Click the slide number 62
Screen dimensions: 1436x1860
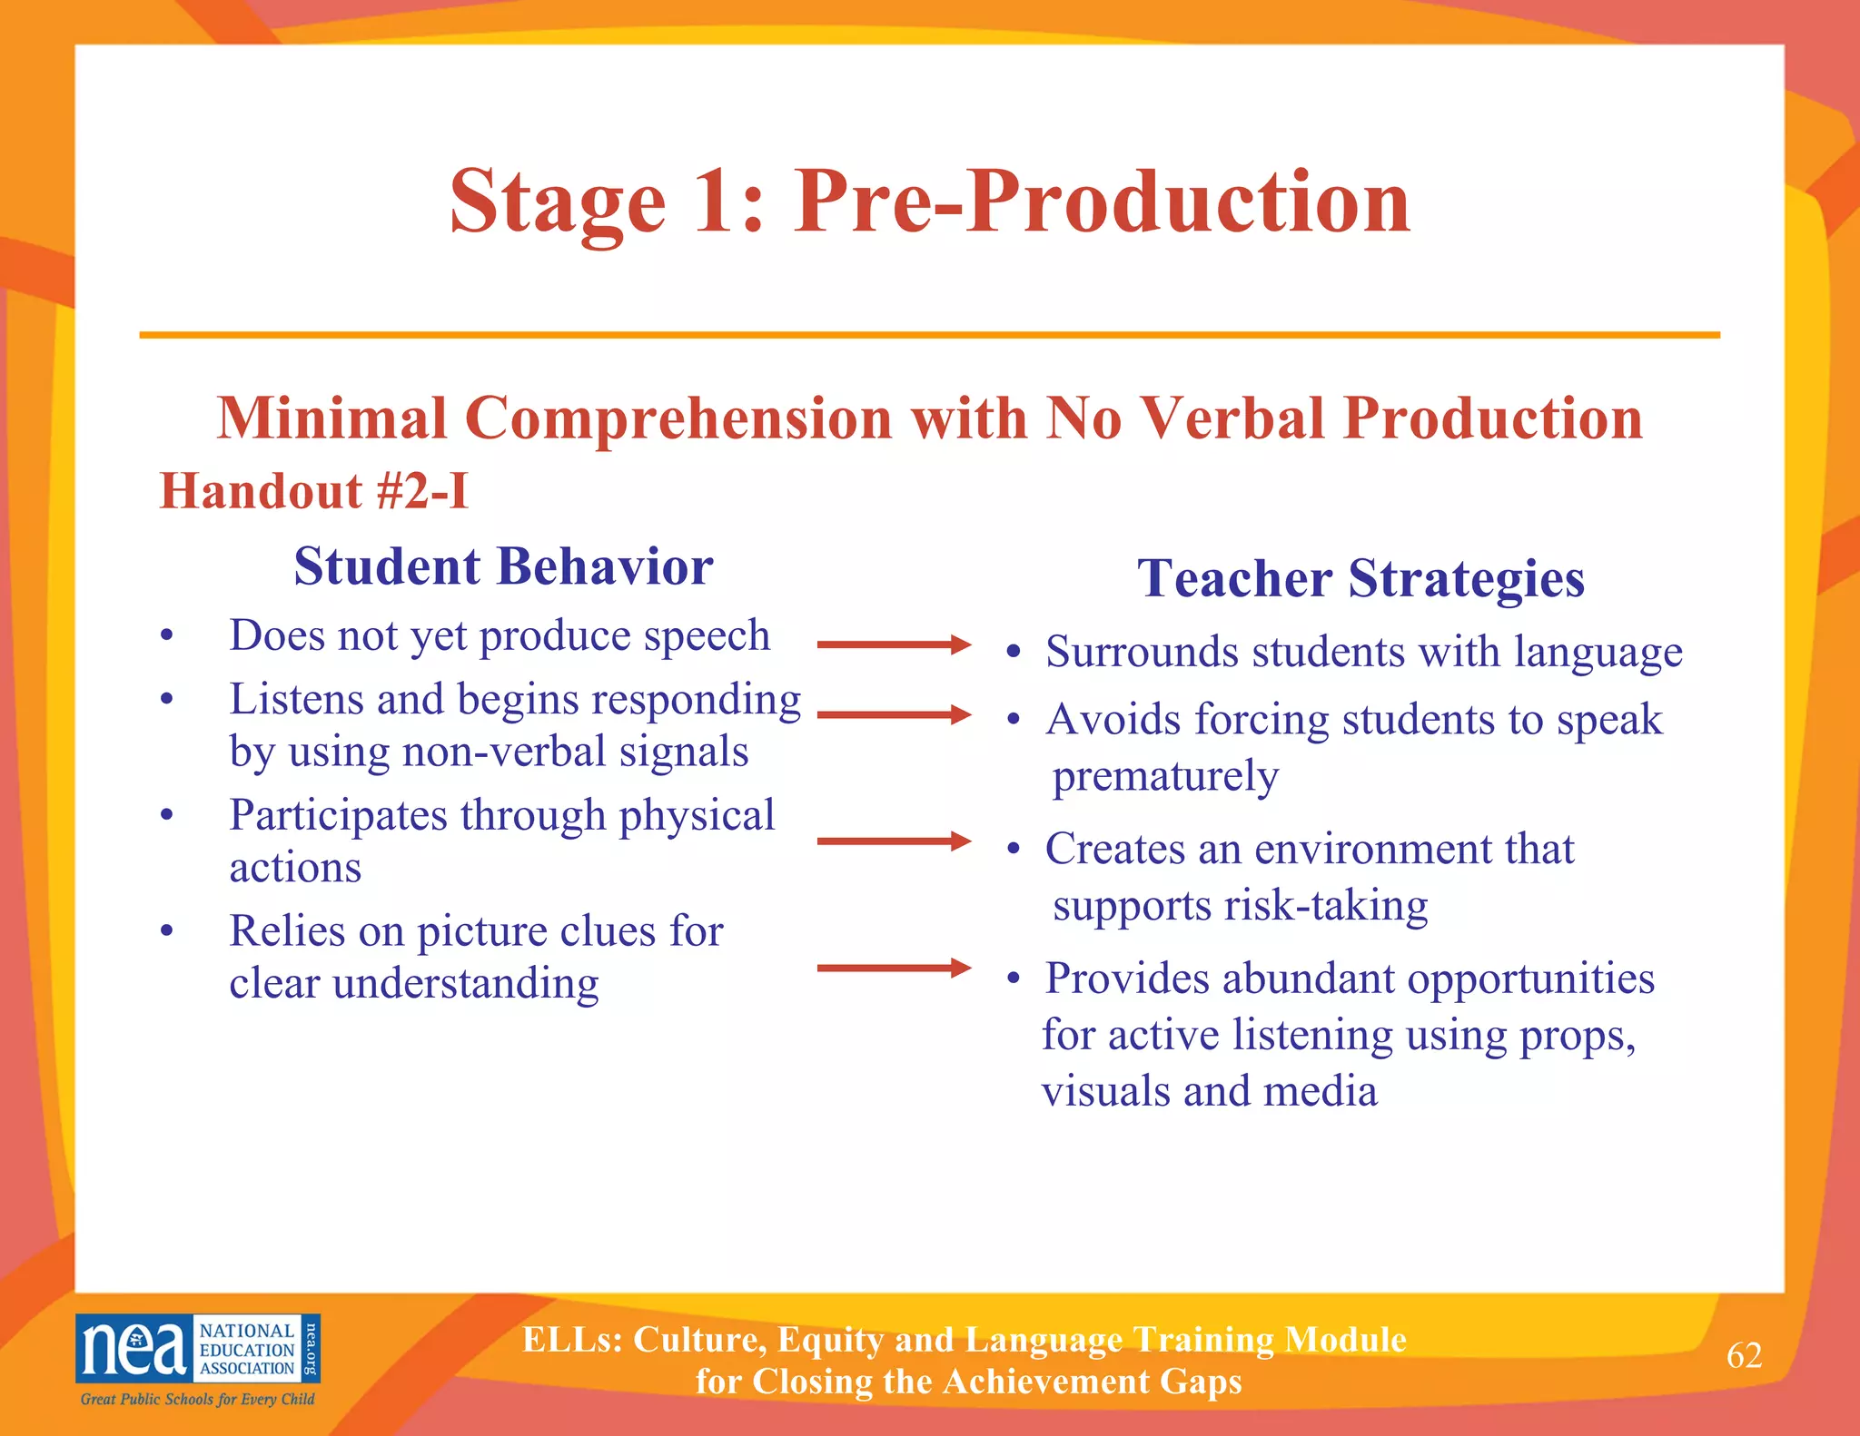(x=1744, y=1355)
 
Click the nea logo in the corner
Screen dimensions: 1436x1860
(x=197, y=1348)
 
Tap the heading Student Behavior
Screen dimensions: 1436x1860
(x=503, y=566)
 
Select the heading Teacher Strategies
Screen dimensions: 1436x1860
(x=1360, y=578)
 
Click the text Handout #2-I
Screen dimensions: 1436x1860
(x=314, y=491)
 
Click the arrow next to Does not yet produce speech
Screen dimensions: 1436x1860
(x=894, y=644)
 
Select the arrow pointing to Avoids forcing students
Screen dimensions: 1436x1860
(x=894, y=714)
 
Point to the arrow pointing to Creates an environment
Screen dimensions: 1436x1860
(x=894, y=841)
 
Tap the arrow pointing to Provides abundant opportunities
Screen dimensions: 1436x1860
(x=894, y=968)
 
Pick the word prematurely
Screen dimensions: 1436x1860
(x=1165, y=776)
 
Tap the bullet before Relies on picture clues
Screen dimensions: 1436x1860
(x=166, y=931)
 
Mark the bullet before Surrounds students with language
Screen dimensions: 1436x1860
(x=1014, y=653)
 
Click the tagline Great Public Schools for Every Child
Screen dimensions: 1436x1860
(x=197, y=1399)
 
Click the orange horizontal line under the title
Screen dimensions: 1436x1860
(x=929, y=335)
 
